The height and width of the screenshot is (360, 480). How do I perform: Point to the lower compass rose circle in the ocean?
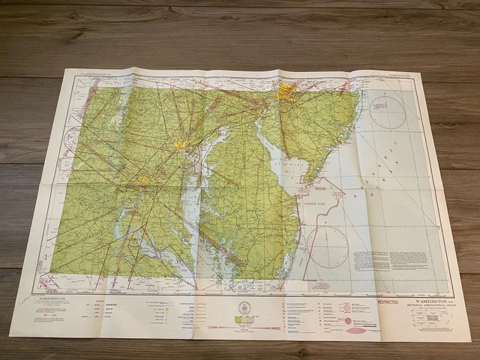pyautogui.click(x=328, y=247)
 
